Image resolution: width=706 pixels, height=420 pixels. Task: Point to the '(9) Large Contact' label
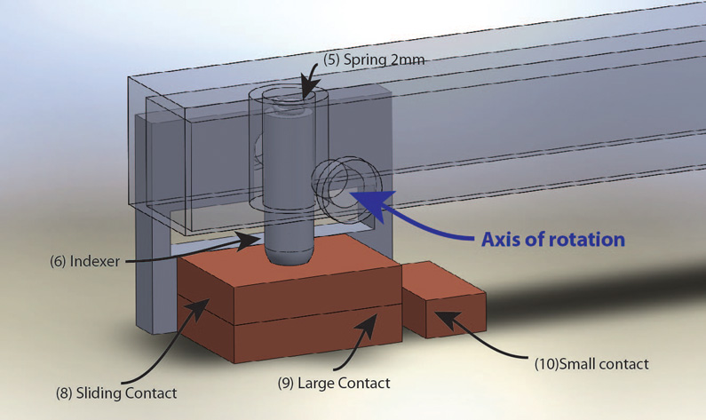tap(334, 384)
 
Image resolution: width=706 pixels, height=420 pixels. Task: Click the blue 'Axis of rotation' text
tap(552, 240)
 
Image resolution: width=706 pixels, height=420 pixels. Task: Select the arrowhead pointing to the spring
tap(305, 89)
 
